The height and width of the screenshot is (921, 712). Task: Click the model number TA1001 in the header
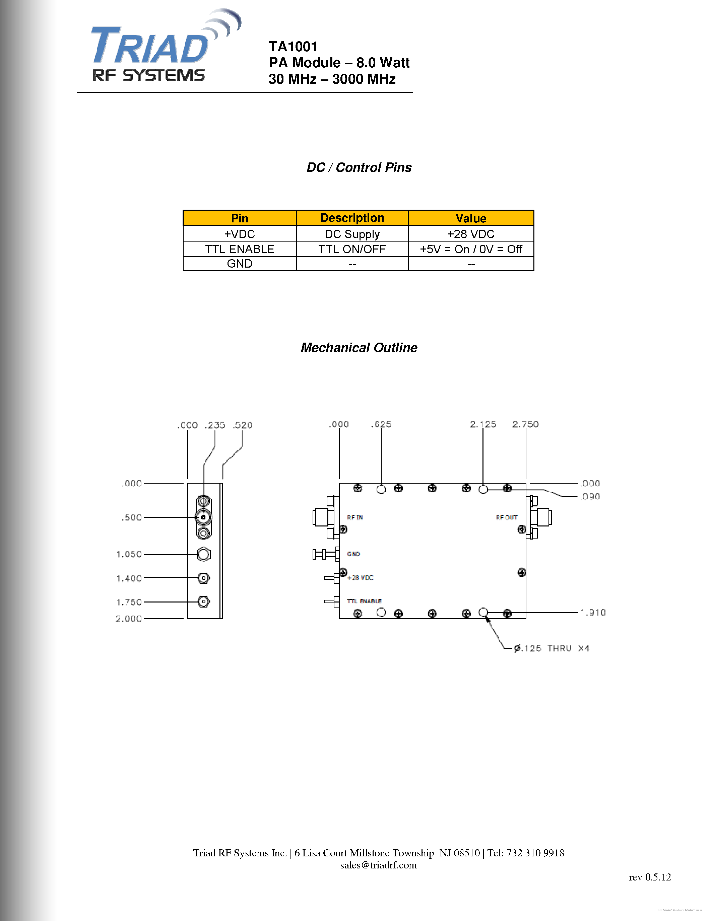293,47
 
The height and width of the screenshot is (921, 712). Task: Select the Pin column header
239,218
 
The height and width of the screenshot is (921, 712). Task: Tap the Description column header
352,218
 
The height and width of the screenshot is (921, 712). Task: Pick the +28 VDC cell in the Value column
470,234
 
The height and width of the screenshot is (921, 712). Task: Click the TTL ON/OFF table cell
352,249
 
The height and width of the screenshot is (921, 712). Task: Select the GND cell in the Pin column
239,264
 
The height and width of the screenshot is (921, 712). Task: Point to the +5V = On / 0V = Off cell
470,249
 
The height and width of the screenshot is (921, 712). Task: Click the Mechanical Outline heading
359,348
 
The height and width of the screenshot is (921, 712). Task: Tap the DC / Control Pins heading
359,167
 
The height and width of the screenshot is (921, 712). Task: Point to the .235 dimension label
215,425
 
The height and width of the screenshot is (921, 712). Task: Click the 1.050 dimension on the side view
129,554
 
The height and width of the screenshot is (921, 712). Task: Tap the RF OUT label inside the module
506,517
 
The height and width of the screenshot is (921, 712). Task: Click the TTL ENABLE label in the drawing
364,601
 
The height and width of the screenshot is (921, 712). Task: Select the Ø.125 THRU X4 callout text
552,648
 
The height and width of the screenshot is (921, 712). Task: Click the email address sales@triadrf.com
378,865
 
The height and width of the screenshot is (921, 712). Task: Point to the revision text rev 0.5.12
650,877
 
